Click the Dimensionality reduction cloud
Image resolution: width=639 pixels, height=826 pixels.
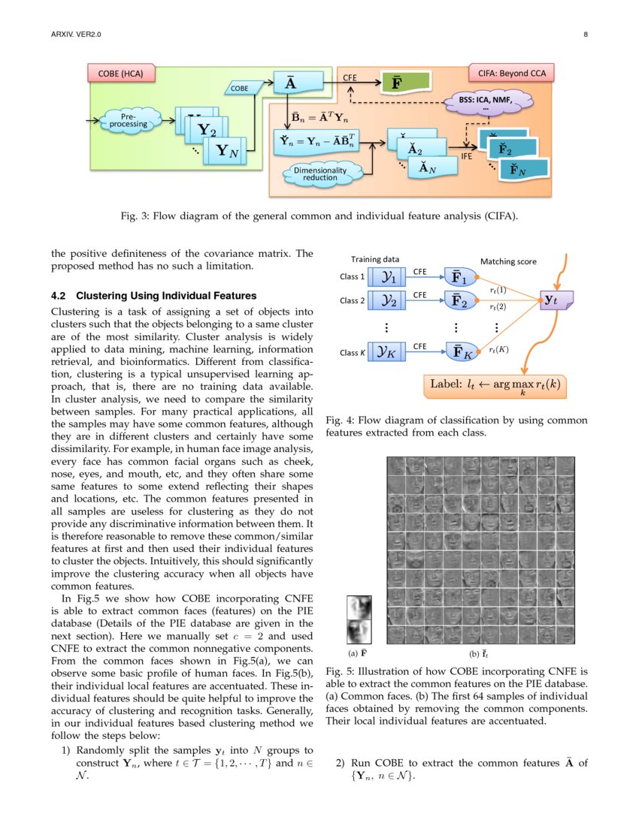click(320, 174)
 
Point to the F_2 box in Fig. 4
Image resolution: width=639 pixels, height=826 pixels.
click(459, 301)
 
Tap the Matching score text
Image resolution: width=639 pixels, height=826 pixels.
click(508, 261)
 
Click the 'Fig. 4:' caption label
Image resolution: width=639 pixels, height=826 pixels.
click(340, 421)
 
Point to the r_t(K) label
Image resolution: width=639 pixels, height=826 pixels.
click(498, 349)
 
